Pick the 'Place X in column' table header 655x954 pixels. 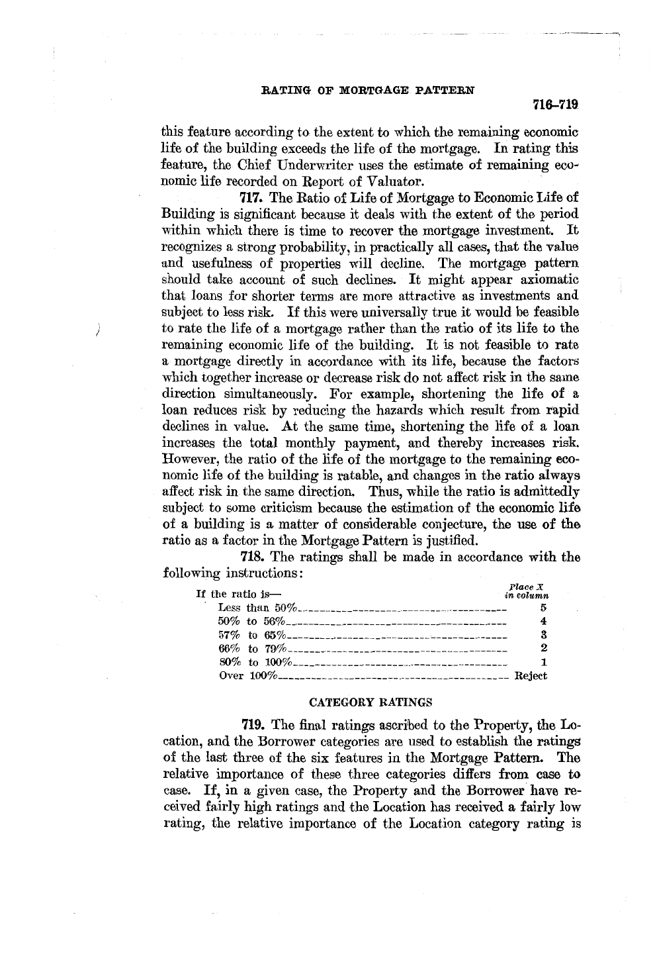tap(526, 591)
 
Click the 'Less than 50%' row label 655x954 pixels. tap(258, 608)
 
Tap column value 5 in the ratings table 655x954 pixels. tap(543, 607)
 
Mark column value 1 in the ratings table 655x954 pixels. tap(543, 662)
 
